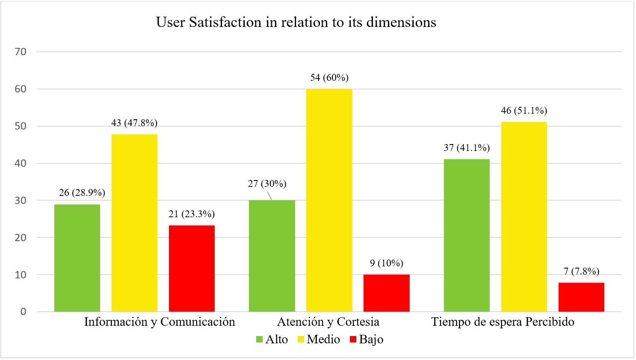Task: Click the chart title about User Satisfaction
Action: point(296,22)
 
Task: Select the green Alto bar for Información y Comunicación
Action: point(77,258)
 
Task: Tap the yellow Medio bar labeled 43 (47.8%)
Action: point(134,223)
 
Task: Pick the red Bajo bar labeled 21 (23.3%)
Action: point(192,268)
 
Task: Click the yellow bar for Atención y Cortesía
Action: point(329,200)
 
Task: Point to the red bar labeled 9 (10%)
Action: point(386,293)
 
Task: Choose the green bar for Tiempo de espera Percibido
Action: point(467,235)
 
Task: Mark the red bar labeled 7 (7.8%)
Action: point(581,297)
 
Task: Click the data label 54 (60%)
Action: point(329,77)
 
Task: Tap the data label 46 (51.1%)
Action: point(524,111)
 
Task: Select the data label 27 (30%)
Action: point(267,184)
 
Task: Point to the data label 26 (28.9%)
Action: point(82,193)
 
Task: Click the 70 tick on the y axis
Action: point(21,52)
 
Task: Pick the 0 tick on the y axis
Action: point(23,312)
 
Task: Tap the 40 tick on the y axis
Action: point(21,163)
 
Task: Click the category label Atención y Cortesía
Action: point(328,322)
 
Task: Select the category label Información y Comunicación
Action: point(160,322)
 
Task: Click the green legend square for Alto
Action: point(259,339)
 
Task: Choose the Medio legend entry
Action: point(318,339)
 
